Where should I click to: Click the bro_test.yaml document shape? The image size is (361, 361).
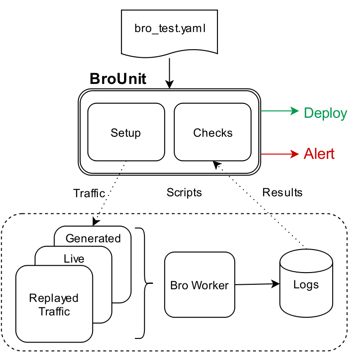tap(169, 32)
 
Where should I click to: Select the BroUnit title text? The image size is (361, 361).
tap(118, 79)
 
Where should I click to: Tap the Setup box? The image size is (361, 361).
tap(126, 133)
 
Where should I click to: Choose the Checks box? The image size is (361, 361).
tap(213, 133)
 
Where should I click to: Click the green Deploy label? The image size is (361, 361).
tap(325, 113)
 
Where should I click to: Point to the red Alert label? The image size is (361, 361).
tap(319, 154)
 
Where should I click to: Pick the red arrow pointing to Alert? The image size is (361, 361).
tap(280, 154)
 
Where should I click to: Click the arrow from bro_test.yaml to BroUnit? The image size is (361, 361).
tap(169, 72)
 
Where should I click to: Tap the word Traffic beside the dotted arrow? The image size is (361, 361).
tap(89, 194)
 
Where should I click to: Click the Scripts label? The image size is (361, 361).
tap(184, 193)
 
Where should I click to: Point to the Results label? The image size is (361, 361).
tap(282, 193)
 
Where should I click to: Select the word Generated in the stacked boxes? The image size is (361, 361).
tap(93, 238)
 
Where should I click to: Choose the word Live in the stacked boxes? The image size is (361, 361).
tap(74, 259)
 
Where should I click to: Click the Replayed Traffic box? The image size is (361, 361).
tap(54, 305)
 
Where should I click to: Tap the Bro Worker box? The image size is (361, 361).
tap(199, 285)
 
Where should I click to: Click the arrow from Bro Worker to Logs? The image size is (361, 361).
tap(257, 284)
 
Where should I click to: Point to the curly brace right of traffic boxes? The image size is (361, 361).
tap(144, 283)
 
